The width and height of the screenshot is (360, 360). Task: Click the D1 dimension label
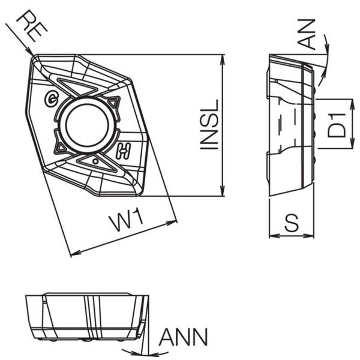(338, 124)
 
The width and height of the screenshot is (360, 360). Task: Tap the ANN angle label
(183, 337)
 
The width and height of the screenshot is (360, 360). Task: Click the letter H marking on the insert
(124, 151)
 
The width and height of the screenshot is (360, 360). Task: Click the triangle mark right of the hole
(114, 103)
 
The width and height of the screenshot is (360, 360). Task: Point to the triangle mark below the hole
(94, 161)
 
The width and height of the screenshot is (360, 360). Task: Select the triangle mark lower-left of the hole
(61, 146)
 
